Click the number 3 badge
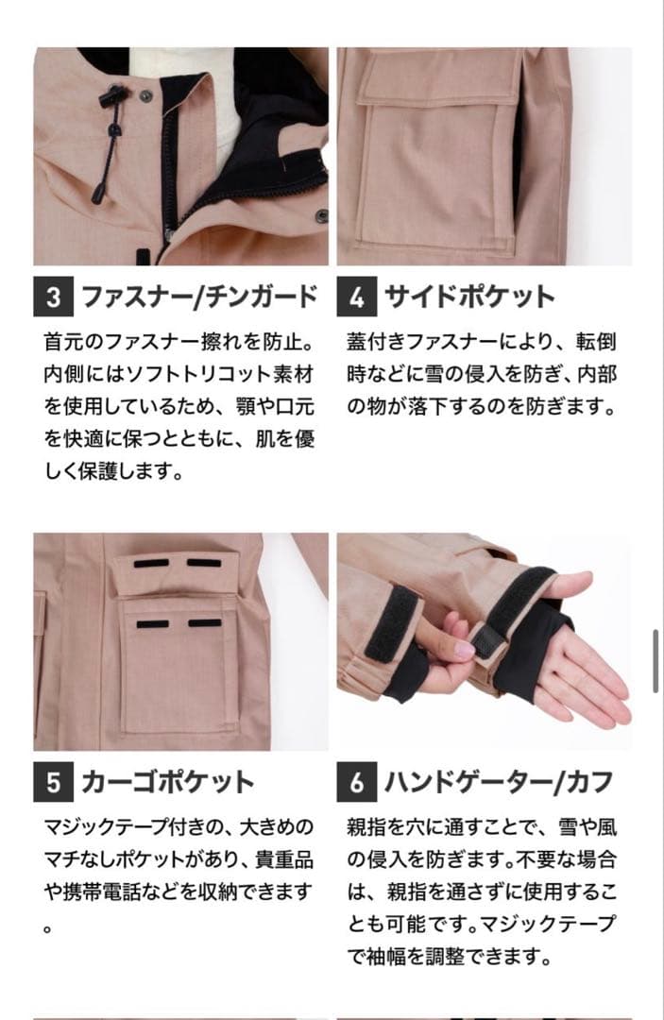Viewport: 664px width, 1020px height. point(53,297)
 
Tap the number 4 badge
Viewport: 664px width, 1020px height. point(356,297)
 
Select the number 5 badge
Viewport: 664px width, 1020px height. point(53,782)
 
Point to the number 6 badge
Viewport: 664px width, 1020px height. point(356,782)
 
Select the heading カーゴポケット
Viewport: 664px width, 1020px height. point(167,782)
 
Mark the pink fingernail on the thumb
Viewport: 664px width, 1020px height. point(465,650)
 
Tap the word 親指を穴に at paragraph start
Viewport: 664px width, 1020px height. point(400,828)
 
